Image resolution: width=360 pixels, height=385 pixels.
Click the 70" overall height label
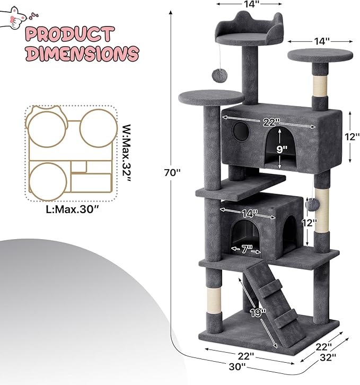point(172,172)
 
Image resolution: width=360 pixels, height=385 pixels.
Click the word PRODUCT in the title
point(69,35)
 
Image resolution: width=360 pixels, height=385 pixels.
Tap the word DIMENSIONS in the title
point(82,54)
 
